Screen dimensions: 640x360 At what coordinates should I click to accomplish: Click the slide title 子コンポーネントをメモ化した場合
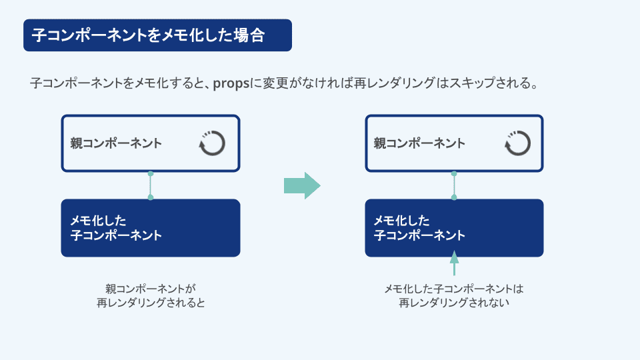pos(149,35)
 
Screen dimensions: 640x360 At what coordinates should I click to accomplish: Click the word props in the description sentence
pos(231,84)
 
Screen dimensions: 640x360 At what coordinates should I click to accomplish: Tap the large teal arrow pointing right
pos(302,186)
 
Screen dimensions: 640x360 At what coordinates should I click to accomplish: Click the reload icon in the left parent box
pos(212,143)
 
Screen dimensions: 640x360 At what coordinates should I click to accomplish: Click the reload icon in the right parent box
pos(517,143)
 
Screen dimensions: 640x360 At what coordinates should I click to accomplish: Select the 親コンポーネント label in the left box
pos(116,143)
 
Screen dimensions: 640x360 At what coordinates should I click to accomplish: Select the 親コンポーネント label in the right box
pos(419,143)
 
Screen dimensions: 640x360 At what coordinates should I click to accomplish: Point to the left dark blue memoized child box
pos(151,228)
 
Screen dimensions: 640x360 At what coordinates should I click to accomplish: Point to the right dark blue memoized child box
pos(454,228)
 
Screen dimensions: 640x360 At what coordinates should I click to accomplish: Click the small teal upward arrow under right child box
pos(454,263)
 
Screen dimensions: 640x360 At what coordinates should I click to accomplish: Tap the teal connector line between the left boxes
pos(151,186)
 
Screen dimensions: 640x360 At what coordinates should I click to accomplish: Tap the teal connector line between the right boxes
pos(454,186)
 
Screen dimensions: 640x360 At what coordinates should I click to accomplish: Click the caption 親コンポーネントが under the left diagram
pos(151,289)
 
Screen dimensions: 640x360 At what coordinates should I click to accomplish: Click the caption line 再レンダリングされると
pos(151,303)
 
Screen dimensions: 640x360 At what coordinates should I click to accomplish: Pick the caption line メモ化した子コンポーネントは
pos(454,289)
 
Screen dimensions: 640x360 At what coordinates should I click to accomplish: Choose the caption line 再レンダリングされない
pos(454,303)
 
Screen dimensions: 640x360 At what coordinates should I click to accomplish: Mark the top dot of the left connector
pos(151,174)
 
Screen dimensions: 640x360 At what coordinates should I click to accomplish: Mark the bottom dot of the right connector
pos(454,197)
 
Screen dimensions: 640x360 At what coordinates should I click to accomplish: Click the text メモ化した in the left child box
pos(99,221)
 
